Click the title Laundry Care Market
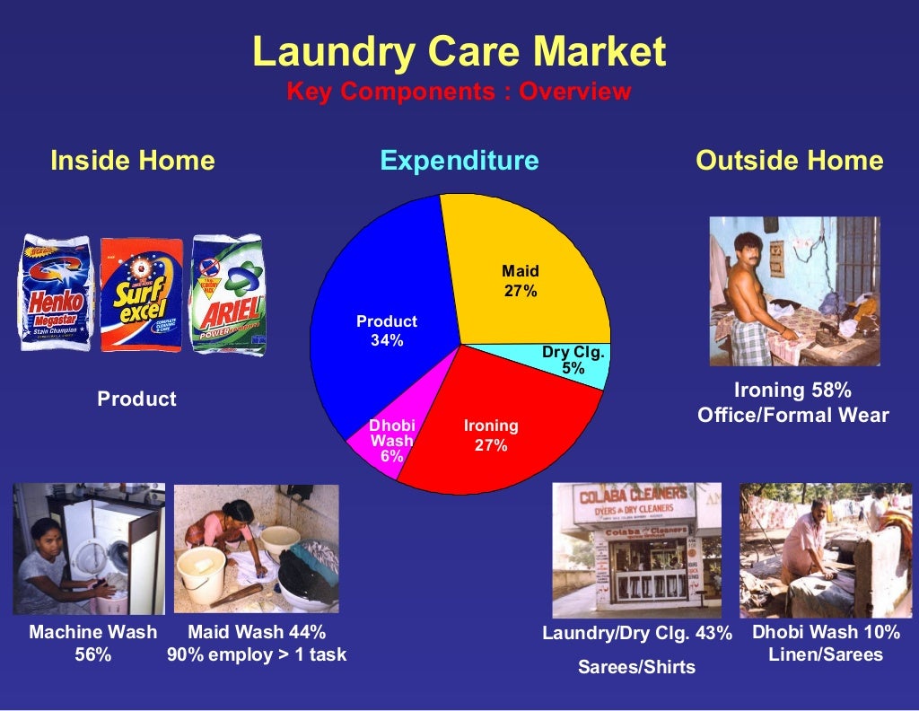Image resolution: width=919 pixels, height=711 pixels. (x=459, y=52)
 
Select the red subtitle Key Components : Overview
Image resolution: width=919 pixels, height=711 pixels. (x=459, y=92)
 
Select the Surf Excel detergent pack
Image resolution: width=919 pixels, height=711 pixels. (x=141, y=294)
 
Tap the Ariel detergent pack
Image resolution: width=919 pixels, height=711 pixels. (x=228, y=294)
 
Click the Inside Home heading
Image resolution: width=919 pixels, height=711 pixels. (x=133, y=161)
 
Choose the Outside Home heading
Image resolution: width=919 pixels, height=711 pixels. (x=789, y=161)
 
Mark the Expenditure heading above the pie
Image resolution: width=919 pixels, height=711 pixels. (x=459, y=161)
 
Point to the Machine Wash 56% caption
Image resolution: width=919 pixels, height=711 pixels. (x=93, y=643)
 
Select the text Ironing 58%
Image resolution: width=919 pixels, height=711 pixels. (x=792, y=391)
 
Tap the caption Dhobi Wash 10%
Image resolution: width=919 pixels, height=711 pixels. (x=826, y=632)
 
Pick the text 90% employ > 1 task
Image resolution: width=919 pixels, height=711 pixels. (x=257, y=654)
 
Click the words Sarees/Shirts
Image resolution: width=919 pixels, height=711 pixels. (x=636, y=667)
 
